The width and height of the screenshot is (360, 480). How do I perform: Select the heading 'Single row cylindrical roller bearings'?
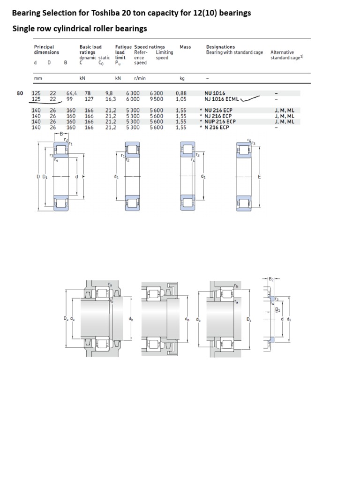(x=79, y=29)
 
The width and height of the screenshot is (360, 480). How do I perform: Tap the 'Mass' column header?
(x=185, y=47)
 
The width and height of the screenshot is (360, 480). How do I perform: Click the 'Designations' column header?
(x=220, y=47)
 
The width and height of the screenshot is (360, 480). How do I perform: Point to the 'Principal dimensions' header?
(x=46, y=50)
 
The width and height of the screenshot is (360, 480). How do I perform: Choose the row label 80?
(x=20, y=93)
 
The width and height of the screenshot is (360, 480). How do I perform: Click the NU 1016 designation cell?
(x=214, y=93)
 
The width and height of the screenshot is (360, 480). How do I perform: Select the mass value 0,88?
(x=181, y=93)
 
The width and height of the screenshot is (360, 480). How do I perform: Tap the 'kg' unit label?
(x=182, y=79)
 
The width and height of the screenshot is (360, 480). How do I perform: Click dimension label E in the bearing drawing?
(x=259, y=177)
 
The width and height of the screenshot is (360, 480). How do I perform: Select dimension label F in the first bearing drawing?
(x=83, y=177)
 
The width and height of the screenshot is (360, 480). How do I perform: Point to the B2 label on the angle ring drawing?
(x=271, y=279)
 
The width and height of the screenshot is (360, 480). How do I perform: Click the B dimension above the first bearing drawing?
(x=60, y=134)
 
